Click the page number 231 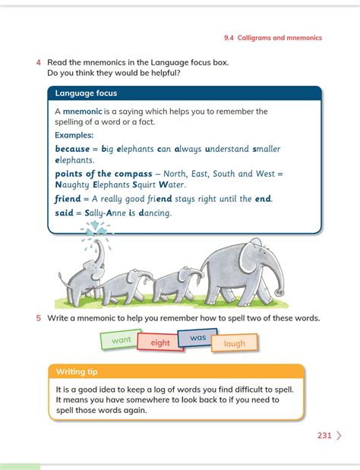(324, 436)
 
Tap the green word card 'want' (121, 340)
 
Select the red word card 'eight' (160, 342)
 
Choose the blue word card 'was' (197, 337)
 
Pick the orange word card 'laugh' (235, 343)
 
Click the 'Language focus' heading (86, 93)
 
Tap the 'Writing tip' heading (76, 372)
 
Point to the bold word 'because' (72, 149)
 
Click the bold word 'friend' (68, 199)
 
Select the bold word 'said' (65, 213)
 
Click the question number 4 (38, 62)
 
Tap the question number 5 (38, 318)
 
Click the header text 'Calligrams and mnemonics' (279, 37)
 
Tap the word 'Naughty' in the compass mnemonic (73, 185)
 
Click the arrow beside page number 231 (339, 436)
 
